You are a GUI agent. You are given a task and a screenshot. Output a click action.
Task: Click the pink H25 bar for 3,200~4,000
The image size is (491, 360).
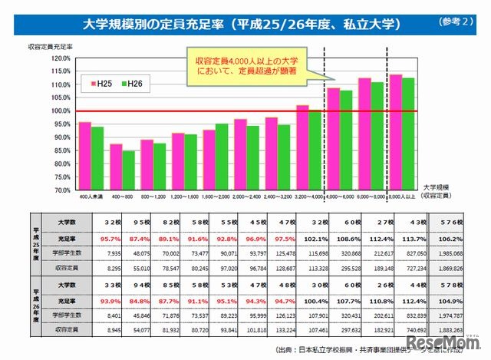coord(302,147)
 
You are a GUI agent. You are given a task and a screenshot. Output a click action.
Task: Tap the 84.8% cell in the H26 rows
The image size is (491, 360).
coord(120,300)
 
